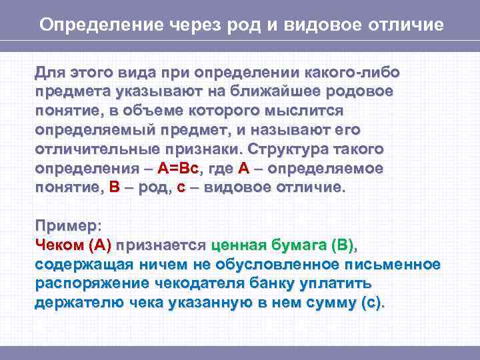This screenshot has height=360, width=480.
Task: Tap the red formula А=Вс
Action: click(x=181, y=169)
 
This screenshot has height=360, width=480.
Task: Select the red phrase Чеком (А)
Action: click(x=73, y=245)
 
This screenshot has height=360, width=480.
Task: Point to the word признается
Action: click(x=162, y=245)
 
